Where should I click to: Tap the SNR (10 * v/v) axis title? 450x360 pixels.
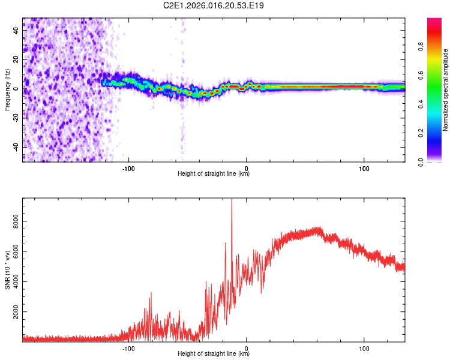(7, 271)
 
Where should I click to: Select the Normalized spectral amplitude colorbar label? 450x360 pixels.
(446, 90)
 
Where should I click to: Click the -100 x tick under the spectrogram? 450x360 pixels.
(128, 168)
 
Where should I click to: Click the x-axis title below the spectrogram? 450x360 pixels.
(214, 174)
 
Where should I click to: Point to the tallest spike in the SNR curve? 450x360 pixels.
(232, 201)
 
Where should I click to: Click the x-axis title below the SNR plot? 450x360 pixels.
(214, 354)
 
